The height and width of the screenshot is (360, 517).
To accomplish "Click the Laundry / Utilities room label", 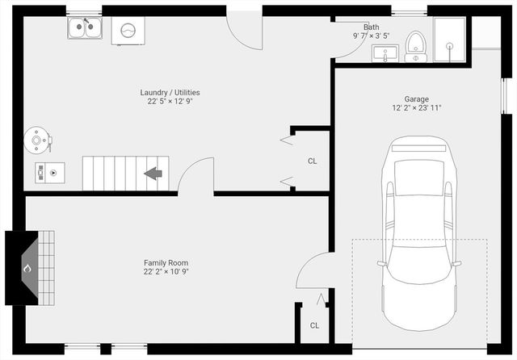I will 170,92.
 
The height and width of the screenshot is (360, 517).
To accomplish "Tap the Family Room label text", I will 166,263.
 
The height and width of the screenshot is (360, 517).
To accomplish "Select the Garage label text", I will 417,98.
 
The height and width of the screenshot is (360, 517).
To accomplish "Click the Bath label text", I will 371,27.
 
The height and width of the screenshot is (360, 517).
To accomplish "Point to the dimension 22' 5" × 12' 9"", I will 170,102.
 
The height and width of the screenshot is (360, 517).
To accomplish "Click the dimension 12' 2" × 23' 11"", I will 417,108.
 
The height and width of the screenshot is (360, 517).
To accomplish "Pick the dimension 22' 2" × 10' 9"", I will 166,272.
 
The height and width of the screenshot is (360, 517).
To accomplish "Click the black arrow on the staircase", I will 153,173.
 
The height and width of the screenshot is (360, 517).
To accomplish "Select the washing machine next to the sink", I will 128,31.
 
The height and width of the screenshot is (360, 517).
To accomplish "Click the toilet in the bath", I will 416,46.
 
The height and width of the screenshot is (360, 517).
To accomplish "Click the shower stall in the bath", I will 448,40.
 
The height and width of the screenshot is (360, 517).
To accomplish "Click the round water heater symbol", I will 36,140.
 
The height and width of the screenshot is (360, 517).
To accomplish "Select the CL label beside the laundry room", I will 312,161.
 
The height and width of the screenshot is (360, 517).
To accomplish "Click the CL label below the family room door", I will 314,325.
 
